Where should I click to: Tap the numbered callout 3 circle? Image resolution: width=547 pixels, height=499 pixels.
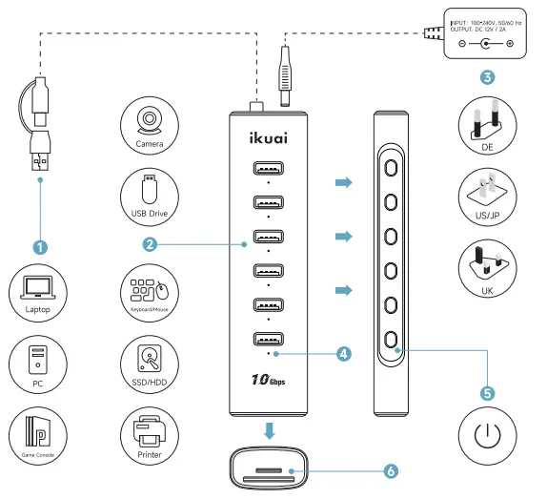point(487,76)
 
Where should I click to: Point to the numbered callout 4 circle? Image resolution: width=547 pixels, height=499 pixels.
point(344,353)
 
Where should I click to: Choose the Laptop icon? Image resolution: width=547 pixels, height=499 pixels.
point(38,291)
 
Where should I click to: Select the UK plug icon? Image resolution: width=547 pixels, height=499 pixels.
point(486,266)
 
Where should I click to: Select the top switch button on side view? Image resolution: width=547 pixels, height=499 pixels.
point(391,165)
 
